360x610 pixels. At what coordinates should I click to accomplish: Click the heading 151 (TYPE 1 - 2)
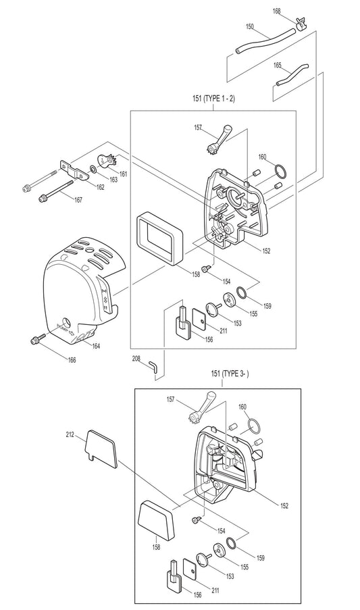[x=213, y=99]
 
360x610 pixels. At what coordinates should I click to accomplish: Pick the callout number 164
[x=96, y=346]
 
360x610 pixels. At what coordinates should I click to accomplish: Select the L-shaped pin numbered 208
[x=154, y=365]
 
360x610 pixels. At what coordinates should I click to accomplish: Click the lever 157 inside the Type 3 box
[x=201, y=409]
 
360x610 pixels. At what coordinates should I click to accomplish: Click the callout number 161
[x=123, y=174]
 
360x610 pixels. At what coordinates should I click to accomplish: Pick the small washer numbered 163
[x=93, y=170]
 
